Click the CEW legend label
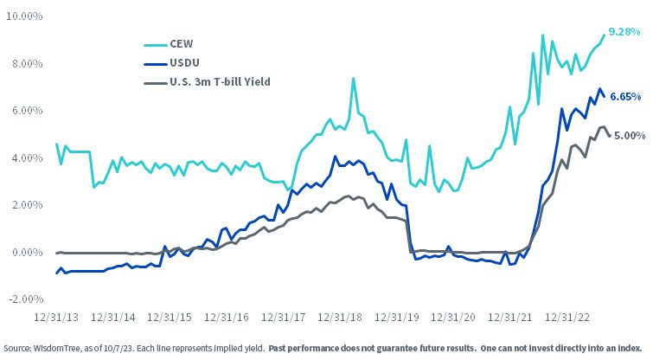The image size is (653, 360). point(181,44)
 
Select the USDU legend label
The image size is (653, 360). point(184,63)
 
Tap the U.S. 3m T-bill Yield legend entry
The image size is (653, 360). point(220,82)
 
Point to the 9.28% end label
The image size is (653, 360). point(624,32)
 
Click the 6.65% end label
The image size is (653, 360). point(625,97)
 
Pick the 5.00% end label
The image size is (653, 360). point(630,135)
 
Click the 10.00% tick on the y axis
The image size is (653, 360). point(25,16)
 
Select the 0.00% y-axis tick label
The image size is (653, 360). point(27,253)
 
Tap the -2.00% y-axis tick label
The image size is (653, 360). point(26,299)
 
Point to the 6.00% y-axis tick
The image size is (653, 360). point(27,111)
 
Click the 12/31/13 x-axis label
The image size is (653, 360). point(56,318)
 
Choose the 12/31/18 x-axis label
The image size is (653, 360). point(340,318)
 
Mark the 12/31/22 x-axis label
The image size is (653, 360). point(567,318)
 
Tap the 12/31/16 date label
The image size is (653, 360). point(226,318)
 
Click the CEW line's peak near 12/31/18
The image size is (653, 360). point(353,79)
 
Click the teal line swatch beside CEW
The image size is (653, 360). point(156,45)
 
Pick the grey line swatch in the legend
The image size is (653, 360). point(156,83)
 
